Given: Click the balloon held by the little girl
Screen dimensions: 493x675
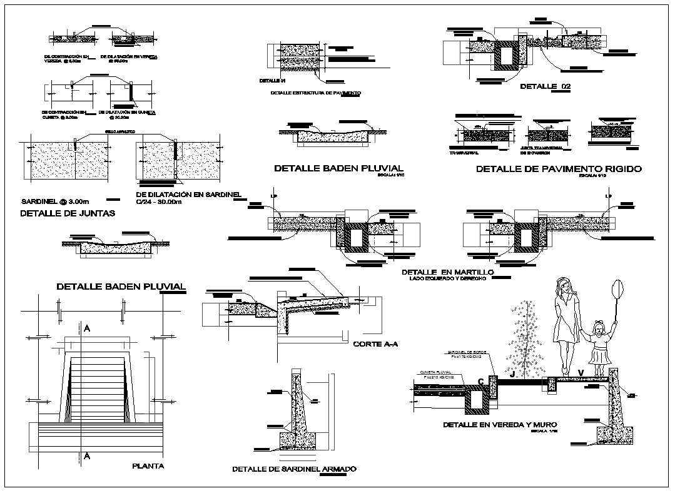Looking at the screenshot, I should pos(617,288).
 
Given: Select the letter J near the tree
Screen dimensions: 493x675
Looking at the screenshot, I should pos(512,374).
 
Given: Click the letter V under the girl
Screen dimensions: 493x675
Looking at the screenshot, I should pos(581,374).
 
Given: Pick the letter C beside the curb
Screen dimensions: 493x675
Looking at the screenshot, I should pos(481,381).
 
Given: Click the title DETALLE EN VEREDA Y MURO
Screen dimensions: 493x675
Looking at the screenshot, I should pos(499,425).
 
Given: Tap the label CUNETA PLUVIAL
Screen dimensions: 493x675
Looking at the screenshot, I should pos(435,371).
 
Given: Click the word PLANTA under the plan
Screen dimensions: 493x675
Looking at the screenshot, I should pos(148,465).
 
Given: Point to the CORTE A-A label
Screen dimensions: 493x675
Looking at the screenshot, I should pos(375,343).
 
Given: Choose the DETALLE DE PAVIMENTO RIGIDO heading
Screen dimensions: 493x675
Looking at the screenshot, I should pos(559,169).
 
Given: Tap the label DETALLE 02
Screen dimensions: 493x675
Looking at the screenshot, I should pos(546,86).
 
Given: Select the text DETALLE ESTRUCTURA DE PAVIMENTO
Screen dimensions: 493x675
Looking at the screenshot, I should pos(315,93).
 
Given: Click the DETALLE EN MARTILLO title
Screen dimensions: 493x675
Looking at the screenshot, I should pos(447,273).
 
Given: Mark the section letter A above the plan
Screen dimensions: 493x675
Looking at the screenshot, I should pos(87,328).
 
